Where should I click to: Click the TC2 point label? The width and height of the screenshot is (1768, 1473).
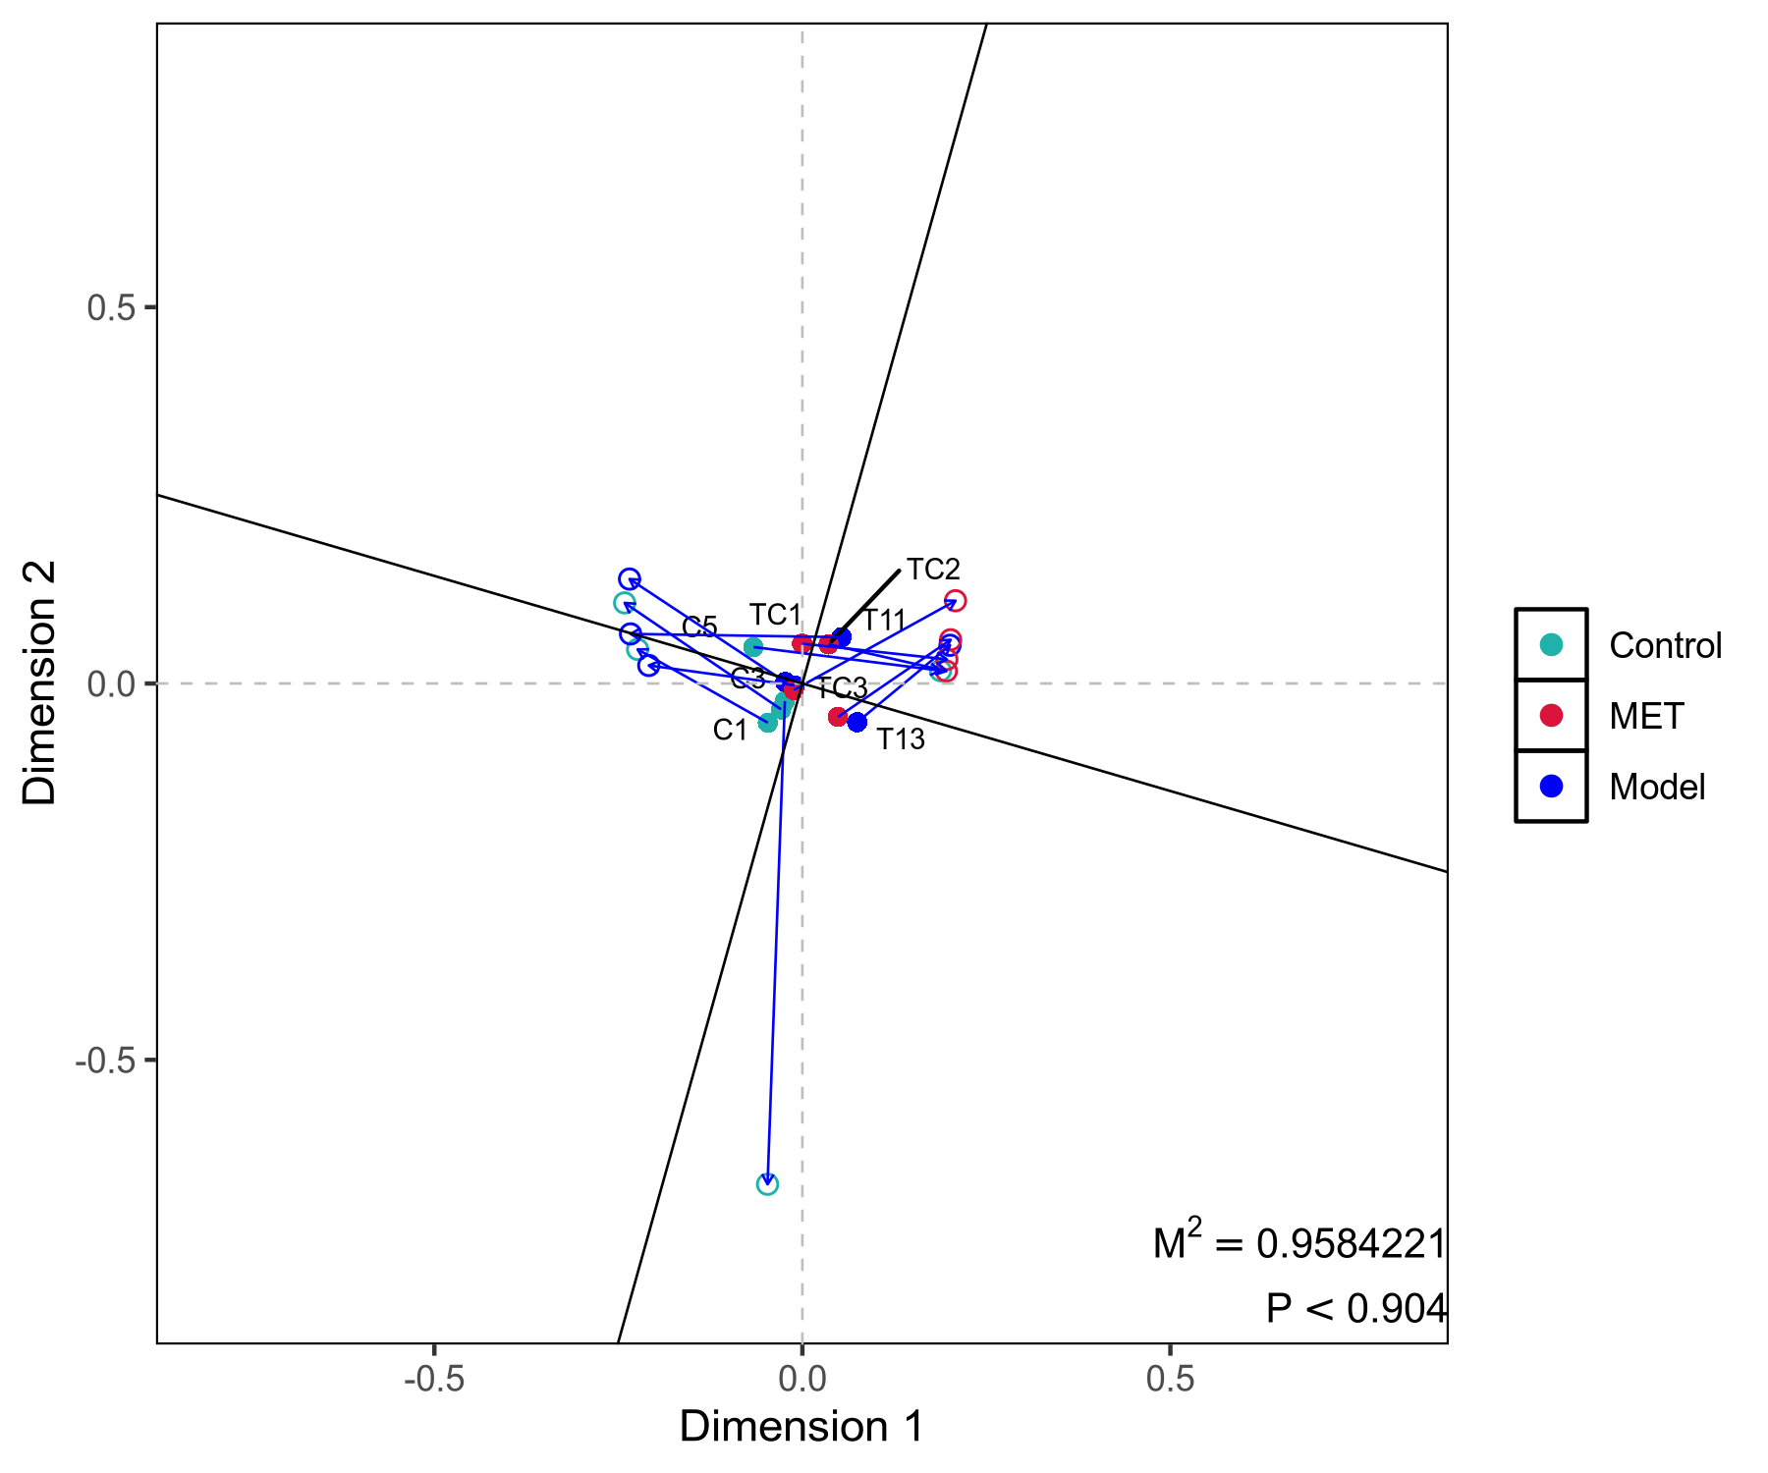pyautogui.click(x=932, y=570)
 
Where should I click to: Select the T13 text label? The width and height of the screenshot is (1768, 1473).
pyautogui.click(x=900, y=739)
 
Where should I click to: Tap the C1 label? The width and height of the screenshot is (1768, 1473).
pyautogui.click(x=730, y=731)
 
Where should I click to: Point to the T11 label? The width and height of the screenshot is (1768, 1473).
pyautogui.click(x=883, y=621)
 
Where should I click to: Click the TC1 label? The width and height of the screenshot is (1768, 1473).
pyautogui.click(x=775, y=616)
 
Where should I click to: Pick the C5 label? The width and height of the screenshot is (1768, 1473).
pyautogui.click(x=699, y=627)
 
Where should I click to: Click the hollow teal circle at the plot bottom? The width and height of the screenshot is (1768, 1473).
pyautogui.click(x=767, y=1184)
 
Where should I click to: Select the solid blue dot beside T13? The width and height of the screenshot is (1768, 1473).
pyautogui.click(x=856, y=722)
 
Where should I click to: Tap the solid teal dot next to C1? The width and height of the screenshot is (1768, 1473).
pyautogui.click(x=767, y=723)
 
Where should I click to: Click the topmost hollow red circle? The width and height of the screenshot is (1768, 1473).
pyautogui.click(x=955, y=600)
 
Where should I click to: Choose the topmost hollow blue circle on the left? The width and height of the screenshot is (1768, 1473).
pyautogui.click(x=630, y=579)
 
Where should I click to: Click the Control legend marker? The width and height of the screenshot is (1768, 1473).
pyautogui.click(x=1551, y=645)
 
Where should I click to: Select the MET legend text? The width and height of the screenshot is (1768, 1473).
pyautogui.click(x=1646, y=716)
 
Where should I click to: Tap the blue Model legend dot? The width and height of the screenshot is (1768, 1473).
pyautogui.click(x=1551, y=787)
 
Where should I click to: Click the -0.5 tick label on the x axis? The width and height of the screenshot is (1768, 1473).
pyautogui.click(x=433, y=1380)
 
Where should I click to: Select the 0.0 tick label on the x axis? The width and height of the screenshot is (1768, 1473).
pyautogui.click(x=802, y=1380)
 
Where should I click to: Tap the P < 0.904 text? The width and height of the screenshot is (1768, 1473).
pyautogui.click(x=1355, y=1309)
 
